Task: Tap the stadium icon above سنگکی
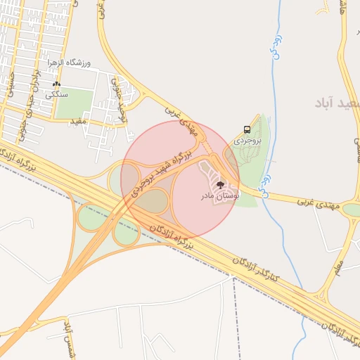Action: [56, 84]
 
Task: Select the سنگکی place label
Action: [56, 94]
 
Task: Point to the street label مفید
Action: [78, 121]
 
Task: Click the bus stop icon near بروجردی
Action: [247, 129]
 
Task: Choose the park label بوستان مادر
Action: [220, 197]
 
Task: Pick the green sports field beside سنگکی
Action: [75, 103]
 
